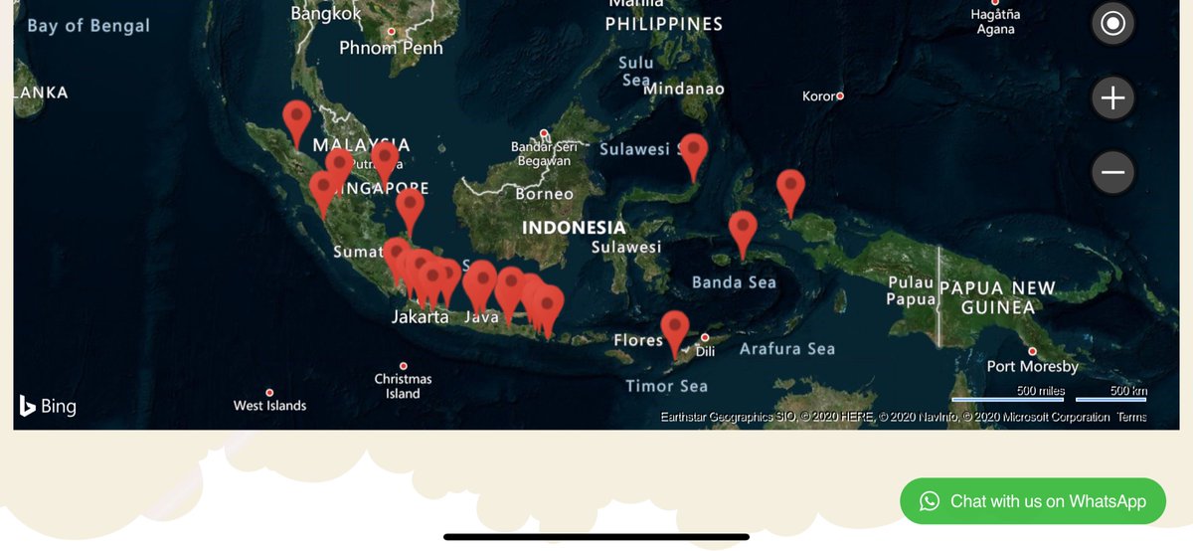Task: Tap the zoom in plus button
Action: coord(1112,97)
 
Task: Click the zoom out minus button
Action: coord(1112,173)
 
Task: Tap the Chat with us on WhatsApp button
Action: coord(1033,501)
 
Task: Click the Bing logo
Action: coord(48,406)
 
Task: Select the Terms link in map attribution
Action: coord(1131,418)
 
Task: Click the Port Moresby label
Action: coord(1032,366)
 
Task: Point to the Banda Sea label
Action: coord(734,282)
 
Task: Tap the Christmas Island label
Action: coord(403,386)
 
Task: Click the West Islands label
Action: coord(269,406)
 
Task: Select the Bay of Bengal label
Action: coord(88,26)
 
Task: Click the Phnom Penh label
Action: coord(391,48)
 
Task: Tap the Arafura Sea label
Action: coord(786,349)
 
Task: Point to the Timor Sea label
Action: coord(666,386)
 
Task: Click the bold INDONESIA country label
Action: coord(574,228)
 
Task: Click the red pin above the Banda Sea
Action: coord(743,232)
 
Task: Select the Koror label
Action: coord(821,96)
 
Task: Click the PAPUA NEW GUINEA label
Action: coord(997,297)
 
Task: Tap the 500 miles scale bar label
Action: coord(1040,391)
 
